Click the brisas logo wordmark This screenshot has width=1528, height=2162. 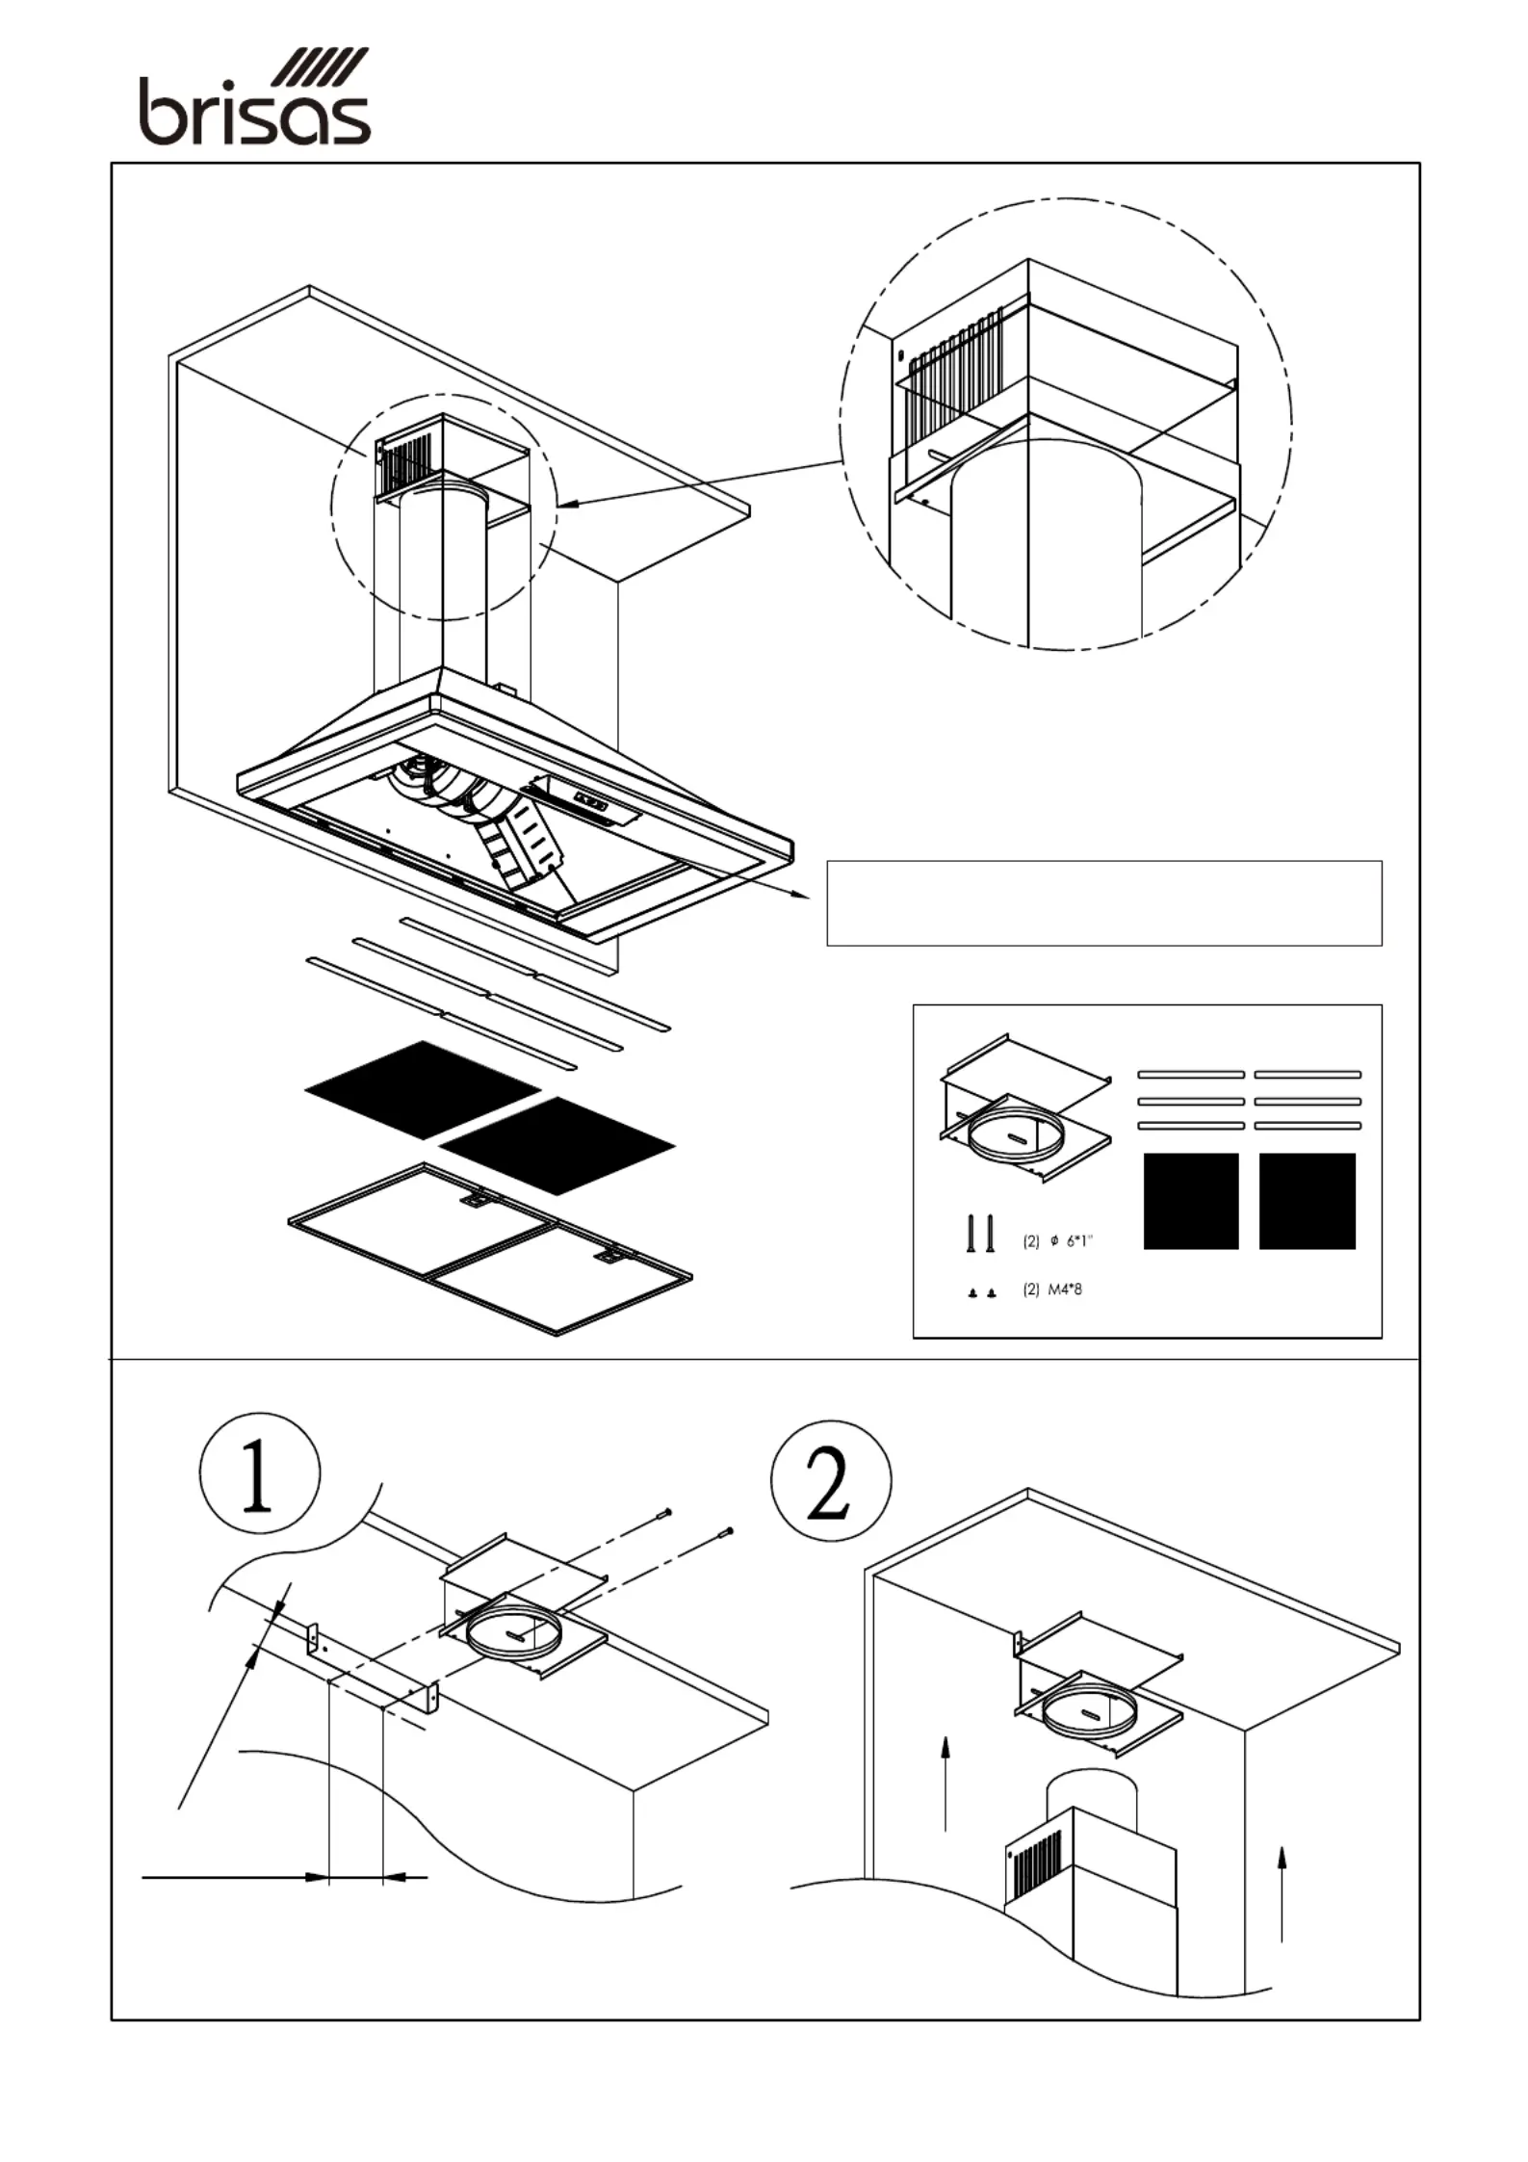(x=255, y=111)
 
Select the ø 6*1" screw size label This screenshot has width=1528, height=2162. (x=1058, y=1241)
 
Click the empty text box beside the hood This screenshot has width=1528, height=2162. (x=1104, y=903)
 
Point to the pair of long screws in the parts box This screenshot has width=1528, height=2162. (x=980, y=1234)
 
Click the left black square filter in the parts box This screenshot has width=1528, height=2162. (x=1191, y=1201)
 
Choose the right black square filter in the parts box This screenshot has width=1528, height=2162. (x=1308, y=1201)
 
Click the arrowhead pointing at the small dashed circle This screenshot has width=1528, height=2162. (x=567, y=501)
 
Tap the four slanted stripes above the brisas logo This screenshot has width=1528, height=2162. (x=320, y=66)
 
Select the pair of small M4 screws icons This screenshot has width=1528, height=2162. (x=981, y=1292)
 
